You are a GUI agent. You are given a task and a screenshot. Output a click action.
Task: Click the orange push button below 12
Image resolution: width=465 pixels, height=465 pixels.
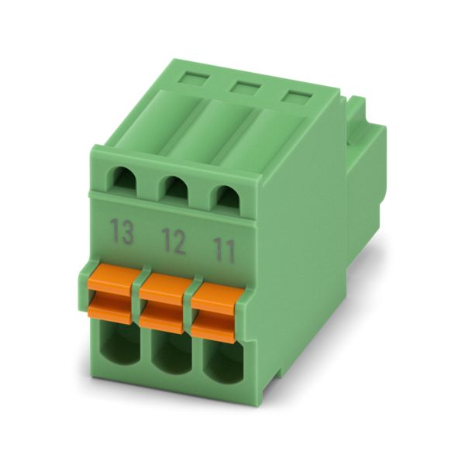point(166,302)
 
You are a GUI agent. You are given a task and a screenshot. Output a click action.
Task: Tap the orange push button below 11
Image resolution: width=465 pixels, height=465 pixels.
point(217,313)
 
